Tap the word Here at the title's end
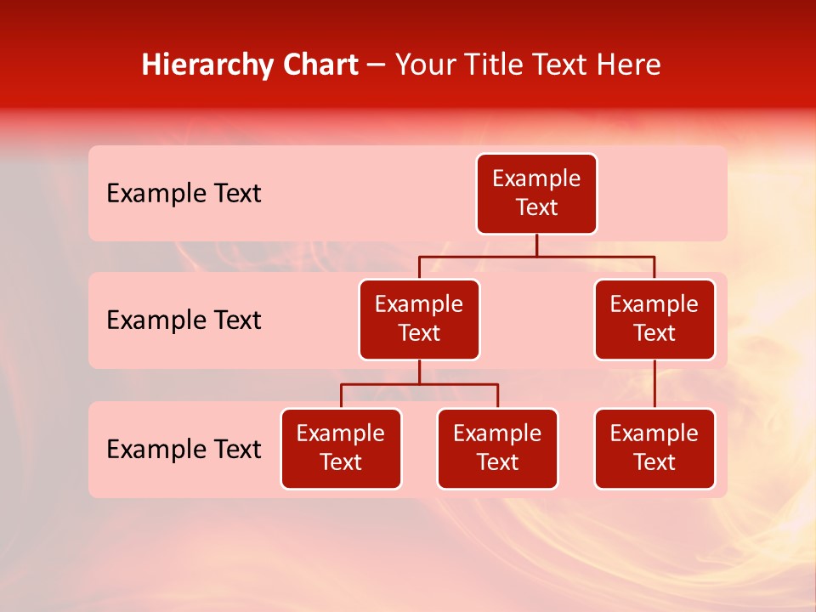pyautogui.click(x=628, y=65)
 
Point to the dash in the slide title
pyautogui.click(x=377, y=66)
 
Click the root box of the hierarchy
pyautogui.click(x=536, y=194)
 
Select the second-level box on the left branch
pyautogui.click(x=419, y=320)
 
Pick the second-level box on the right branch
pyautogui.click(x=654, y=320)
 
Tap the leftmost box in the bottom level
pyautogui.click(x=341, y=449)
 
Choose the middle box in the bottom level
pyautogui.click(x=497, y=449)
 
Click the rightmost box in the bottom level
pyautogui.click(x=654, y=449)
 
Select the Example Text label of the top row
pyautogui.click(x=184, y=194)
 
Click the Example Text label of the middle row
pyautogui.click(x=184, y=320)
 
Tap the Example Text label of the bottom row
pyautogui.click(x=184, y=449)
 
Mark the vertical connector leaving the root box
pyautogui.click(x=536, y=245)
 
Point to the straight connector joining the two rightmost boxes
pyautogui.click(x=654, y=384)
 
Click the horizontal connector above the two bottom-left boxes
pyautogui.click(x=419, y=384)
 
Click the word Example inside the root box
pyautogui.click(x=536, y=179)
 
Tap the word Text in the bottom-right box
pyautogui.click(x=654, y=462)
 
